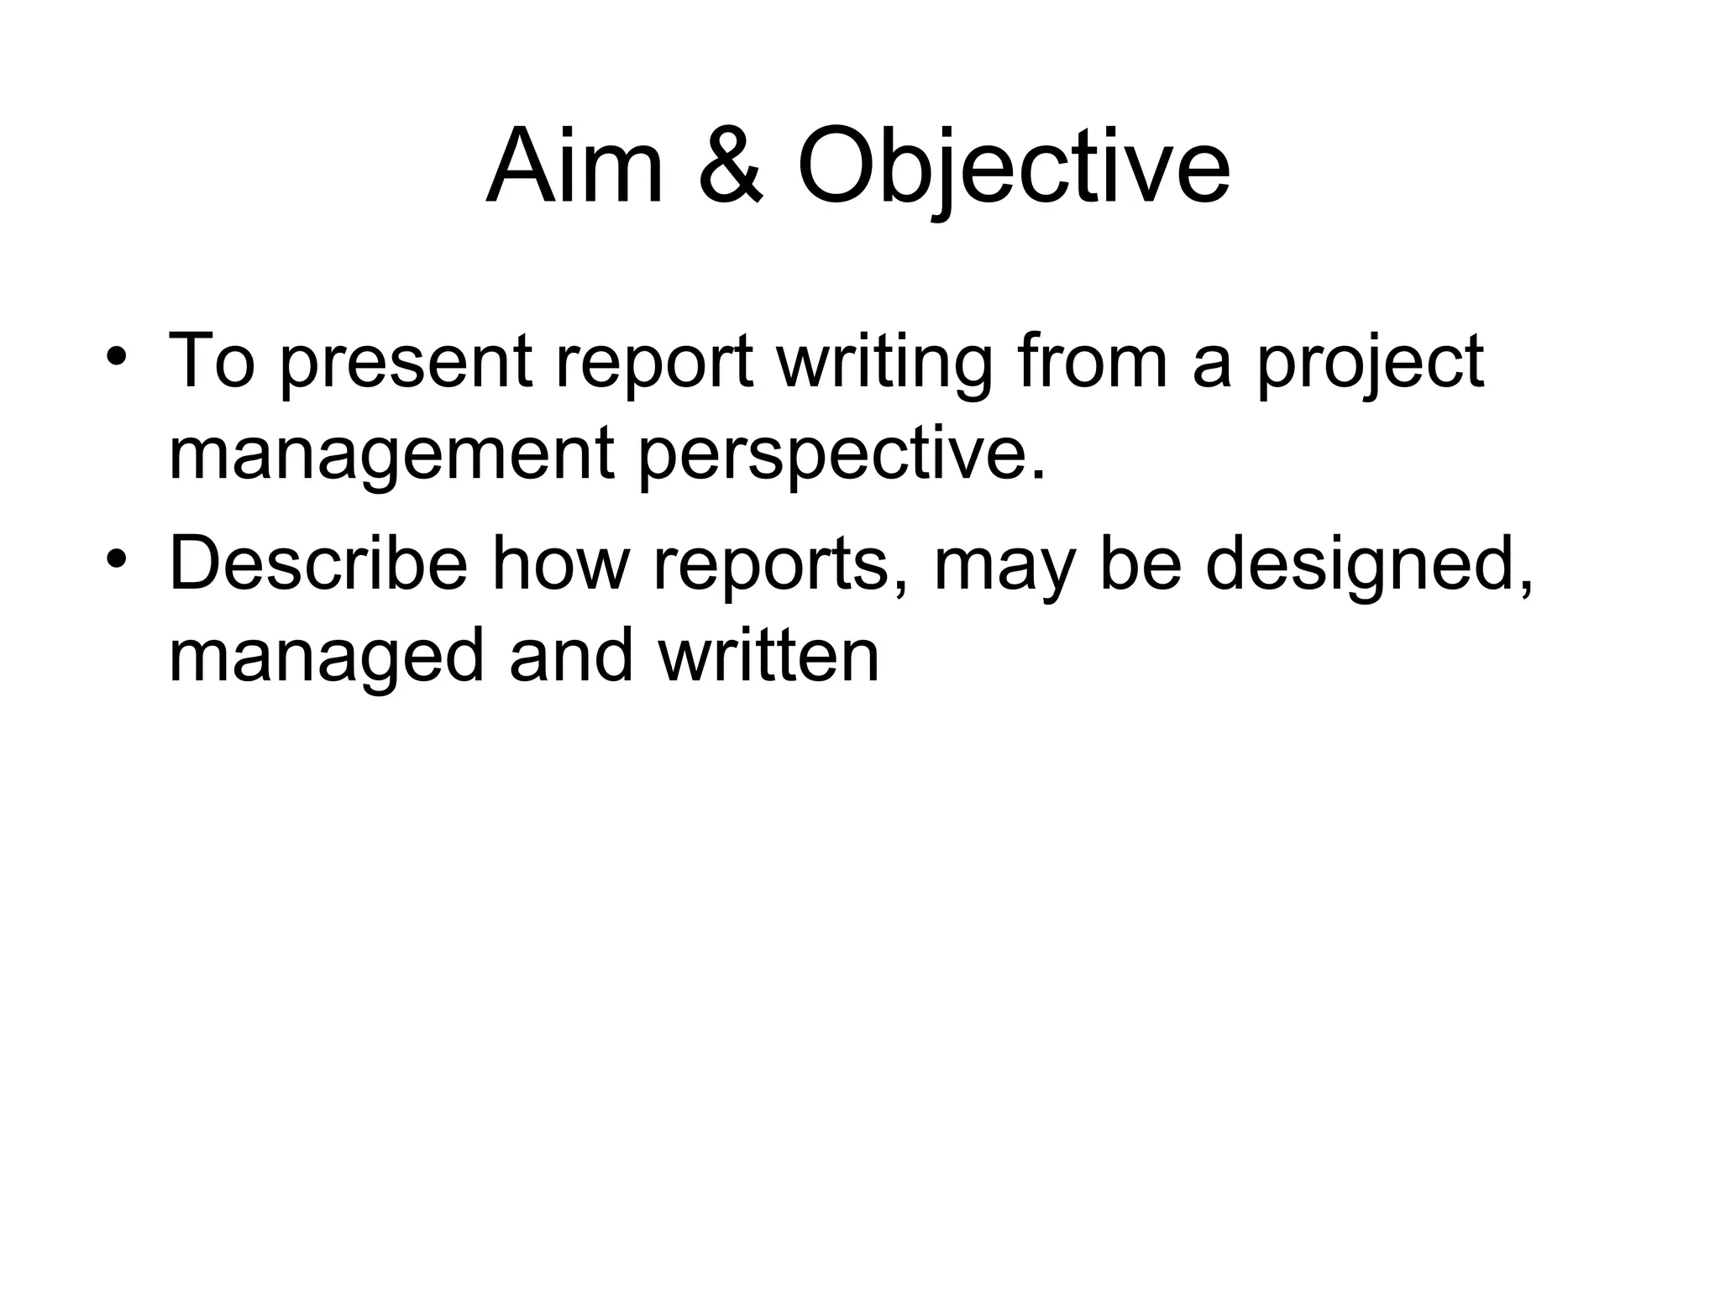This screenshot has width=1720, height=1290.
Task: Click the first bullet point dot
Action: (117, 354)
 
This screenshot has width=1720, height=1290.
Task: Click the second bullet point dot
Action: (117, 557)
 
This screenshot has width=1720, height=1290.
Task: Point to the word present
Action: (405, 363)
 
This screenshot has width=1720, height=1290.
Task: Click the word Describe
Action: (318, 564)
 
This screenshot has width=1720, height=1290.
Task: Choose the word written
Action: (768, 657)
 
